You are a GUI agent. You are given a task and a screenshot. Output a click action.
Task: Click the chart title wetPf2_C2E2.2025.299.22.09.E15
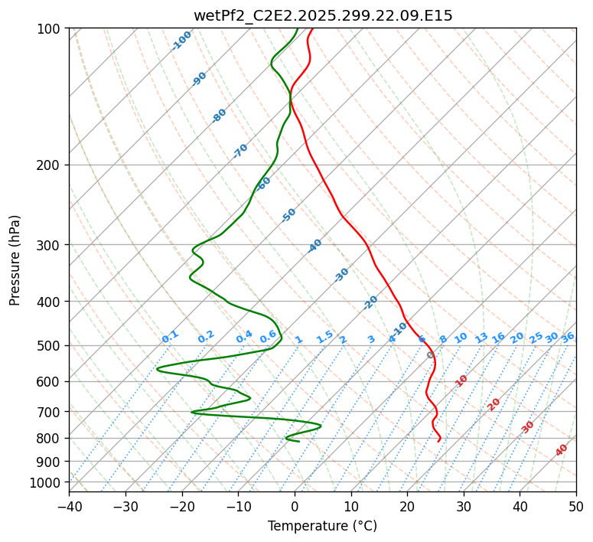point(323,15)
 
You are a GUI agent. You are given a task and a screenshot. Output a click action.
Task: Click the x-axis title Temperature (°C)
point(322,527)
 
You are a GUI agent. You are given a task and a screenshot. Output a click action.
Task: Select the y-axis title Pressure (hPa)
point(15,260)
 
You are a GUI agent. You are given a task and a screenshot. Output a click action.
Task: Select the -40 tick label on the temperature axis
point(69,506)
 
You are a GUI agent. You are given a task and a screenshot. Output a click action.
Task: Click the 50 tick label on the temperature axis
point(576,506)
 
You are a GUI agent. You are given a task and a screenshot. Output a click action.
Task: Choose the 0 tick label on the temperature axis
point(295,506)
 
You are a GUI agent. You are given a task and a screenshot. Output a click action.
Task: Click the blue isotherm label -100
point(181,41)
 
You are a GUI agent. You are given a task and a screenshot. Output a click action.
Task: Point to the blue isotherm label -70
point(240,151)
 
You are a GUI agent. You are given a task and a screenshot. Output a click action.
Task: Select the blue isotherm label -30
point(341,275)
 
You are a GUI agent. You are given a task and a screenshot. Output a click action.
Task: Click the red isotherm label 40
point(562,450)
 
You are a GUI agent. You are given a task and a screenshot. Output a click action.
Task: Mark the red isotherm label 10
point(461,380)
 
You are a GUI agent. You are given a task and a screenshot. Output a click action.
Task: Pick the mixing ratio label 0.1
point(170,336)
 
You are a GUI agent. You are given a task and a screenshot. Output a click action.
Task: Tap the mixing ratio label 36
point(568,337)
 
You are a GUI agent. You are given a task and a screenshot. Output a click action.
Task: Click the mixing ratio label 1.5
point(324,336)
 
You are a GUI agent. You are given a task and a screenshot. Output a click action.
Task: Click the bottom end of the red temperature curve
point(438,442)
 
